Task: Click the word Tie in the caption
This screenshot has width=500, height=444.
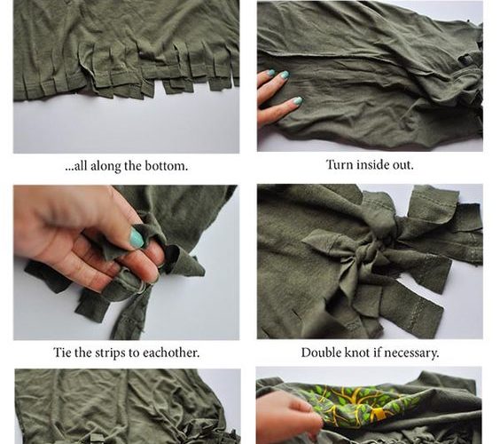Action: pyautogui.click(x=62, y=353)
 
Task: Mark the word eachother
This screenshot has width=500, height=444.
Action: pyautogui.click(x=171, y=353)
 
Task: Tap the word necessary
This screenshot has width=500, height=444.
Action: pyautogui.click(x=411, y=353)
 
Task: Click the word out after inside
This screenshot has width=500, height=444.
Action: pyautogui.click(x=403, y=165)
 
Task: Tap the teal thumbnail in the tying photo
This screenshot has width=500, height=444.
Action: pyautogui.click(x=137, y=238)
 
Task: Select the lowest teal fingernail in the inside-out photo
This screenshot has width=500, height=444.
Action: pyautogui.click(x=297, y=100)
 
